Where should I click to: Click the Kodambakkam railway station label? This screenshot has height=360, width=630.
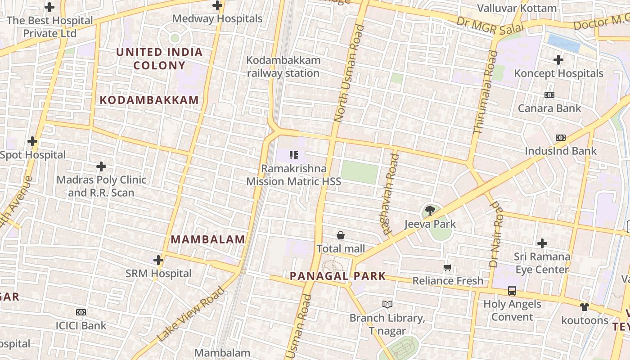click(x=283, y=67)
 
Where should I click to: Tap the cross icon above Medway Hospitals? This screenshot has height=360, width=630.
click(x=217, y=6)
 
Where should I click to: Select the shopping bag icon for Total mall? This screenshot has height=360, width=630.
click(x=341, y=235)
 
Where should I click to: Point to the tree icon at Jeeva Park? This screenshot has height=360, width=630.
click(x=430, y=210)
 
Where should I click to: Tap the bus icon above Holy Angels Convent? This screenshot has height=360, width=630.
click(x=512, y=291)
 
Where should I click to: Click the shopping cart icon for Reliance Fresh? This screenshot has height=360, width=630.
click(x=448, y=268)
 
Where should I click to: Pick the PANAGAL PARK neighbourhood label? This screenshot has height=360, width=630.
click(x=337, y=276)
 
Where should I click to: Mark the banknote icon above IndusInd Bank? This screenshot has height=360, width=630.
click(x=560, y=138)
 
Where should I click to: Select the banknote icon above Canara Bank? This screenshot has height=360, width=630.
click(x=549, y=95)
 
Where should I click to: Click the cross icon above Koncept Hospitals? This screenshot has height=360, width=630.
click(x=558, y=60)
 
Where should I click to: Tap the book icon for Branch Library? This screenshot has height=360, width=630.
click(x=387, y=305)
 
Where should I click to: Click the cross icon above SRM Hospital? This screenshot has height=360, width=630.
click(x=158, y=260)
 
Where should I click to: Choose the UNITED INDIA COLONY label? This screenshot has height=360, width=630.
click(x=160, y=58)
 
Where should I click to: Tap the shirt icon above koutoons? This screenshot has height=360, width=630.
click(x=585, y=307)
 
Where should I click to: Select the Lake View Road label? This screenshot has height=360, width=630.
click(x=191, y=315)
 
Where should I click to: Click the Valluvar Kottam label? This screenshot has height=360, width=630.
click(x=517, y=8)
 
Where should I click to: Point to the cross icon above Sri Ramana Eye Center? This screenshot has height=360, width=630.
click(x=542, y=243)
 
